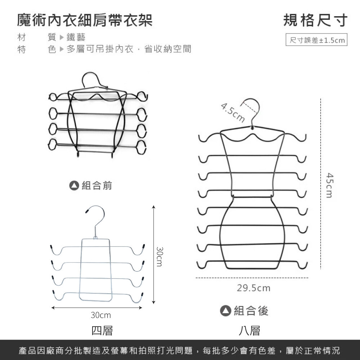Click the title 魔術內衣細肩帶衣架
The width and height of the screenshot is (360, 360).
point(85,21)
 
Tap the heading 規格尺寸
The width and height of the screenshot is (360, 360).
point(315,21)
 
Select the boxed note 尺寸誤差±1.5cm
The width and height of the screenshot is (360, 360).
point(316,40)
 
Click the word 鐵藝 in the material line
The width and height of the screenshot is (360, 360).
point(76,37)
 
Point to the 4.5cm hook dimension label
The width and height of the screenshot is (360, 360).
point(233,113)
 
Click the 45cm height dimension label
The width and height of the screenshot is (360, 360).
point(329,185)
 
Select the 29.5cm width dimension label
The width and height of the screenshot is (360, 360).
point(254,288)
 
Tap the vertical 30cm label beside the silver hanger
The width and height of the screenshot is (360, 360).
point(159,256)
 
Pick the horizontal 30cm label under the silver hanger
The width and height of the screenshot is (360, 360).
point(101,315)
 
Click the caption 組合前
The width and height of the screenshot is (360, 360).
point(97,185)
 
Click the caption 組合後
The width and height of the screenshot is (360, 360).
point(251,311)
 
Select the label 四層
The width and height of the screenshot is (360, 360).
point(102,331)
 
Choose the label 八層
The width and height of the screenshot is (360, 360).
point(249,331)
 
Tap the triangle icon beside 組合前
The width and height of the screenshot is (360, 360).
point(74,185)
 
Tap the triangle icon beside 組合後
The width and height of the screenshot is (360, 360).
point(225,311)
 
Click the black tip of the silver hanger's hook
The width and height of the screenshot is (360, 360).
point(87,211)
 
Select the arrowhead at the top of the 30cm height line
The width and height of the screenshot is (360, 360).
point(154,207)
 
